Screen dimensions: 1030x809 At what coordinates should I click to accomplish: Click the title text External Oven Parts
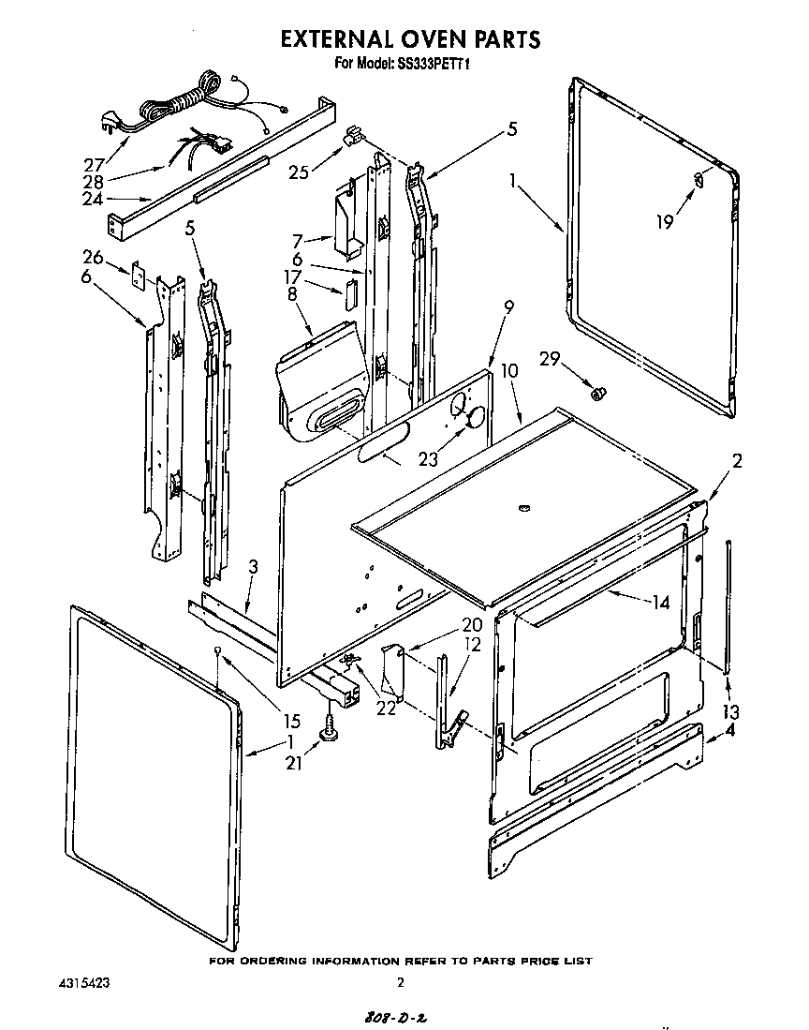tap(411, 38)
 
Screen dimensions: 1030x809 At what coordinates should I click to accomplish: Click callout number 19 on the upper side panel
tap(664, 222)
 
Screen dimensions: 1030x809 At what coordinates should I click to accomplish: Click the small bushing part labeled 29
tap(593, 393)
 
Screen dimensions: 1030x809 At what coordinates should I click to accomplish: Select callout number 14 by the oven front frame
tap(662, 604)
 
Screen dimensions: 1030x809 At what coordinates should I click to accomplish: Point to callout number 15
tap(291, 721)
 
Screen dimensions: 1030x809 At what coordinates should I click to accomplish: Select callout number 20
tap(471, 625)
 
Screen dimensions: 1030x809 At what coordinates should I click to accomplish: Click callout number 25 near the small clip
tap(299, 172)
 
